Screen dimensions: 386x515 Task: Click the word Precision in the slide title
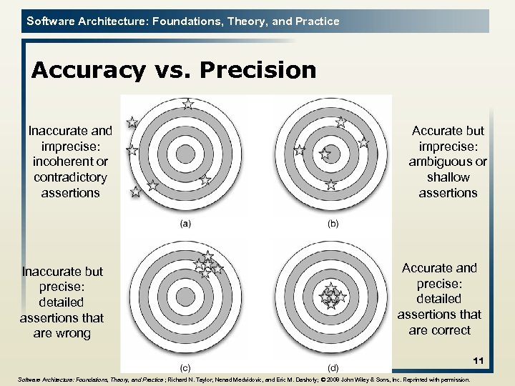click(x=258, y=70)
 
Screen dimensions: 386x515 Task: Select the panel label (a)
click(x=185, y=224)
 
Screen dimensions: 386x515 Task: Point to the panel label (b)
click(x=333, y=224)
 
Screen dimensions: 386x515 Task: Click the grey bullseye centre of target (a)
click(x=185, y=154)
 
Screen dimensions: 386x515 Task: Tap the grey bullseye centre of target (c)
click(x=185, y=295)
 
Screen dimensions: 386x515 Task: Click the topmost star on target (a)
click(x=187, y=104)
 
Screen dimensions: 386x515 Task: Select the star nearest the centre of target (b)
click(x=325, y=153)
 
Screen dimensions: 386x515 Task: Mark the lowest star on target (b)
click(x=330, y=185)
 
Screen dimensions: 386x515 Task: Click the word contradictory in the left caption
click(x=70, y=177)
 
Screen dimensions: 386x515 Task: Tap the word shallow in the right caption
click(x=448, y=177)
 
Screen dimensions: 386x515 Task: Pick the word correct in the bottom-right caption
click(x=451, y=330)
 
